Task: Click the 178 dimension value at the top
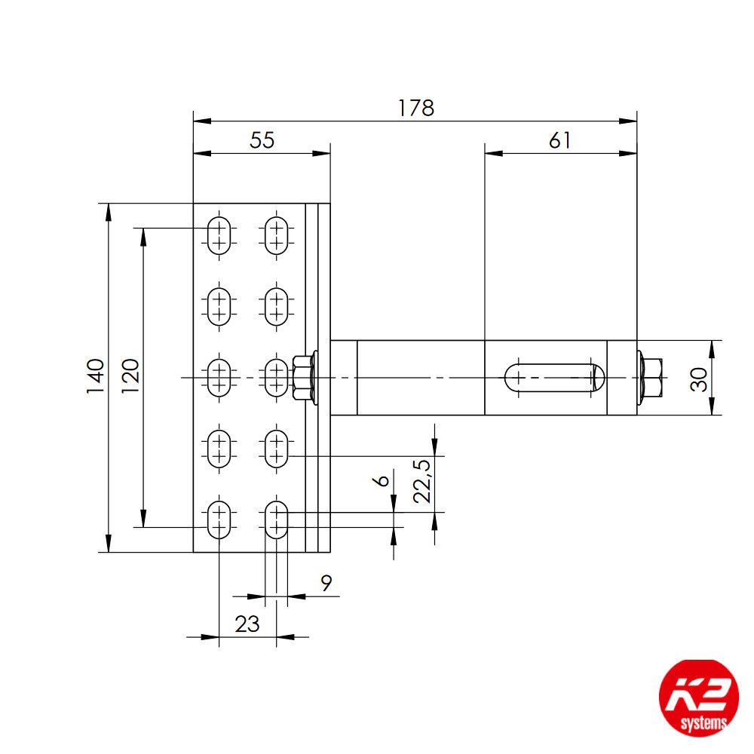pyautogui.click(x=416, y=108)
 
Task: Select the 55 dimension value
pyautogui.click(x=262, y=141)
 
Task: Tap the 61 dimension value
pyautogui.click(x=559, y=141)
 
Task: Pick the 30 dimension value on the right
pyautogui.click(x=700, y=378)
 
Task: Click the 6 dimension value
pyautogui.click(x=383, y=480)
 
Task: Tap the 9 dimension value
pyautogui.click(x=326, y=582)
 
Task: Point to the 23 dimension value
pyautogui.click(x=247, y=624)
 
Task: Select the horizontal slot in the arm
pyautogui.click(x=555, y=378)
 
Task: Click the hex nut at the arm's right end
pyautogui.click(x=651, y=377)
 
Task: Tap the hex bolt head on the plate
pyautogui.click(x=302, y=377)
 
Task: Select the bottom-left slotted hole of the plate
pyautogui.click(x=219, y=519)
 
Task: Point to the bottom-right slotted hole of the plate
pyautogui.click(x=277, y=519)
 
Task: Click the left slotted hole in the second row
pyautogui.click(x=219, y=305)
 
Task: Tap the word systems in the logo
pyautogui.click(x=704, y=723)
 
